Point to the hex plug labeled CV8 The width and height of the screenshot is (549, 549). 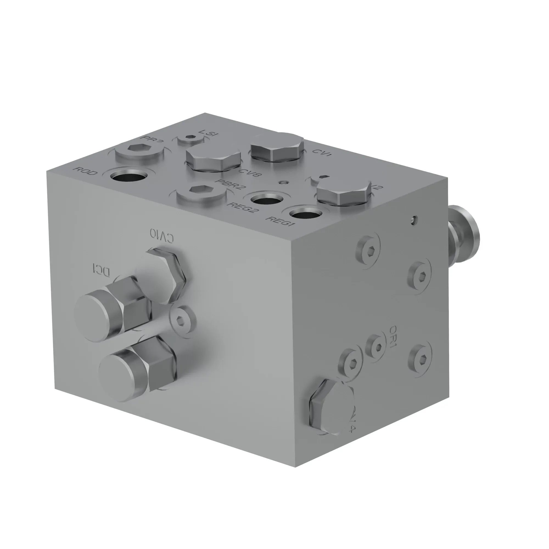(213, 159)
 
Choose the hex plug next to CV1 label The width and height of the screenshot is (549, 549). (277, 147)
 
